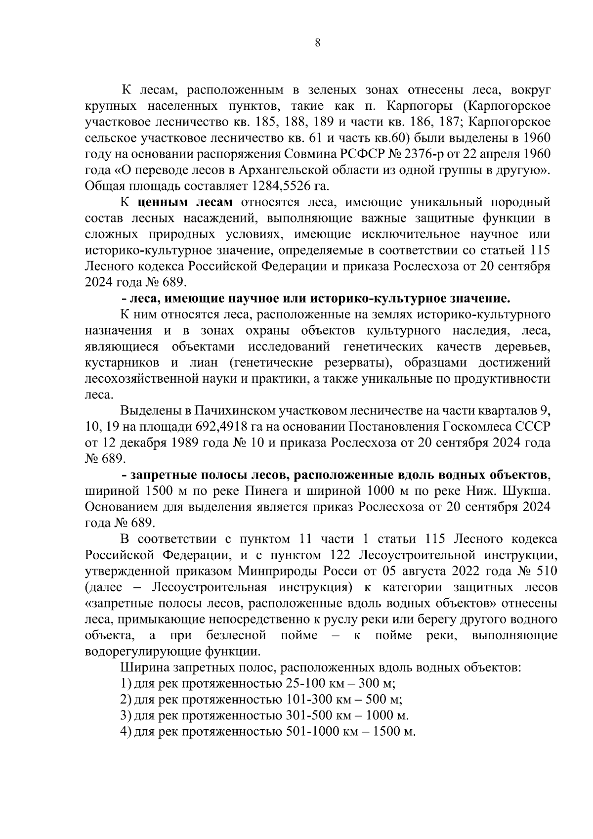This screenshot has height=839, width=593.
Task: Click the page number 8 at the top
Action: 318,43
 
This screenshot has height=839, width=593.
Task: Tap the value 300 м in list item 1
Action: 383,684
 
